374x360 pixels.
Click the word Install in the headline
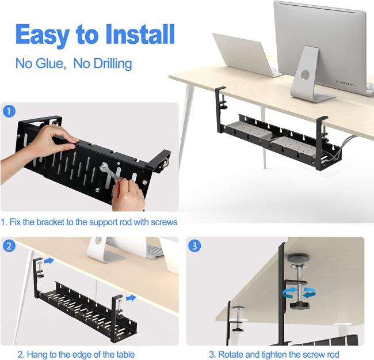[140, 34]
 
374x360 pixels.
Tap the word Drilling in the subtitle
[113, 64]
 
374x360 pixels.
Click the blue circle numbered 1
[9, 111]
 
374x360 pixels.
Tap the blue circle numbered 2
[9, 245]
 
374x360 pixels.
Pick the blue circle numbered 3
[194, 245]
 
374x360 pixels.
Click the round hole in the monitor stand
[305, 74]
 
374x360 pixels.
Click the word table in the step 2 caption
[125, 354]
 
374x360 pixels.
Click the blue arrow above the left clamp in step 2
[49, 261]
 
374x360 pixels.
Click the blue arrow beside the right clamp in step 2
[131, 298]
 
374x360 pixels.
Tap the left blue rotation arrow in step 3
[289, 293]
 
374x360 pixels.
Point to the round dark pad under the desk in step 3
[298, 258]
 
